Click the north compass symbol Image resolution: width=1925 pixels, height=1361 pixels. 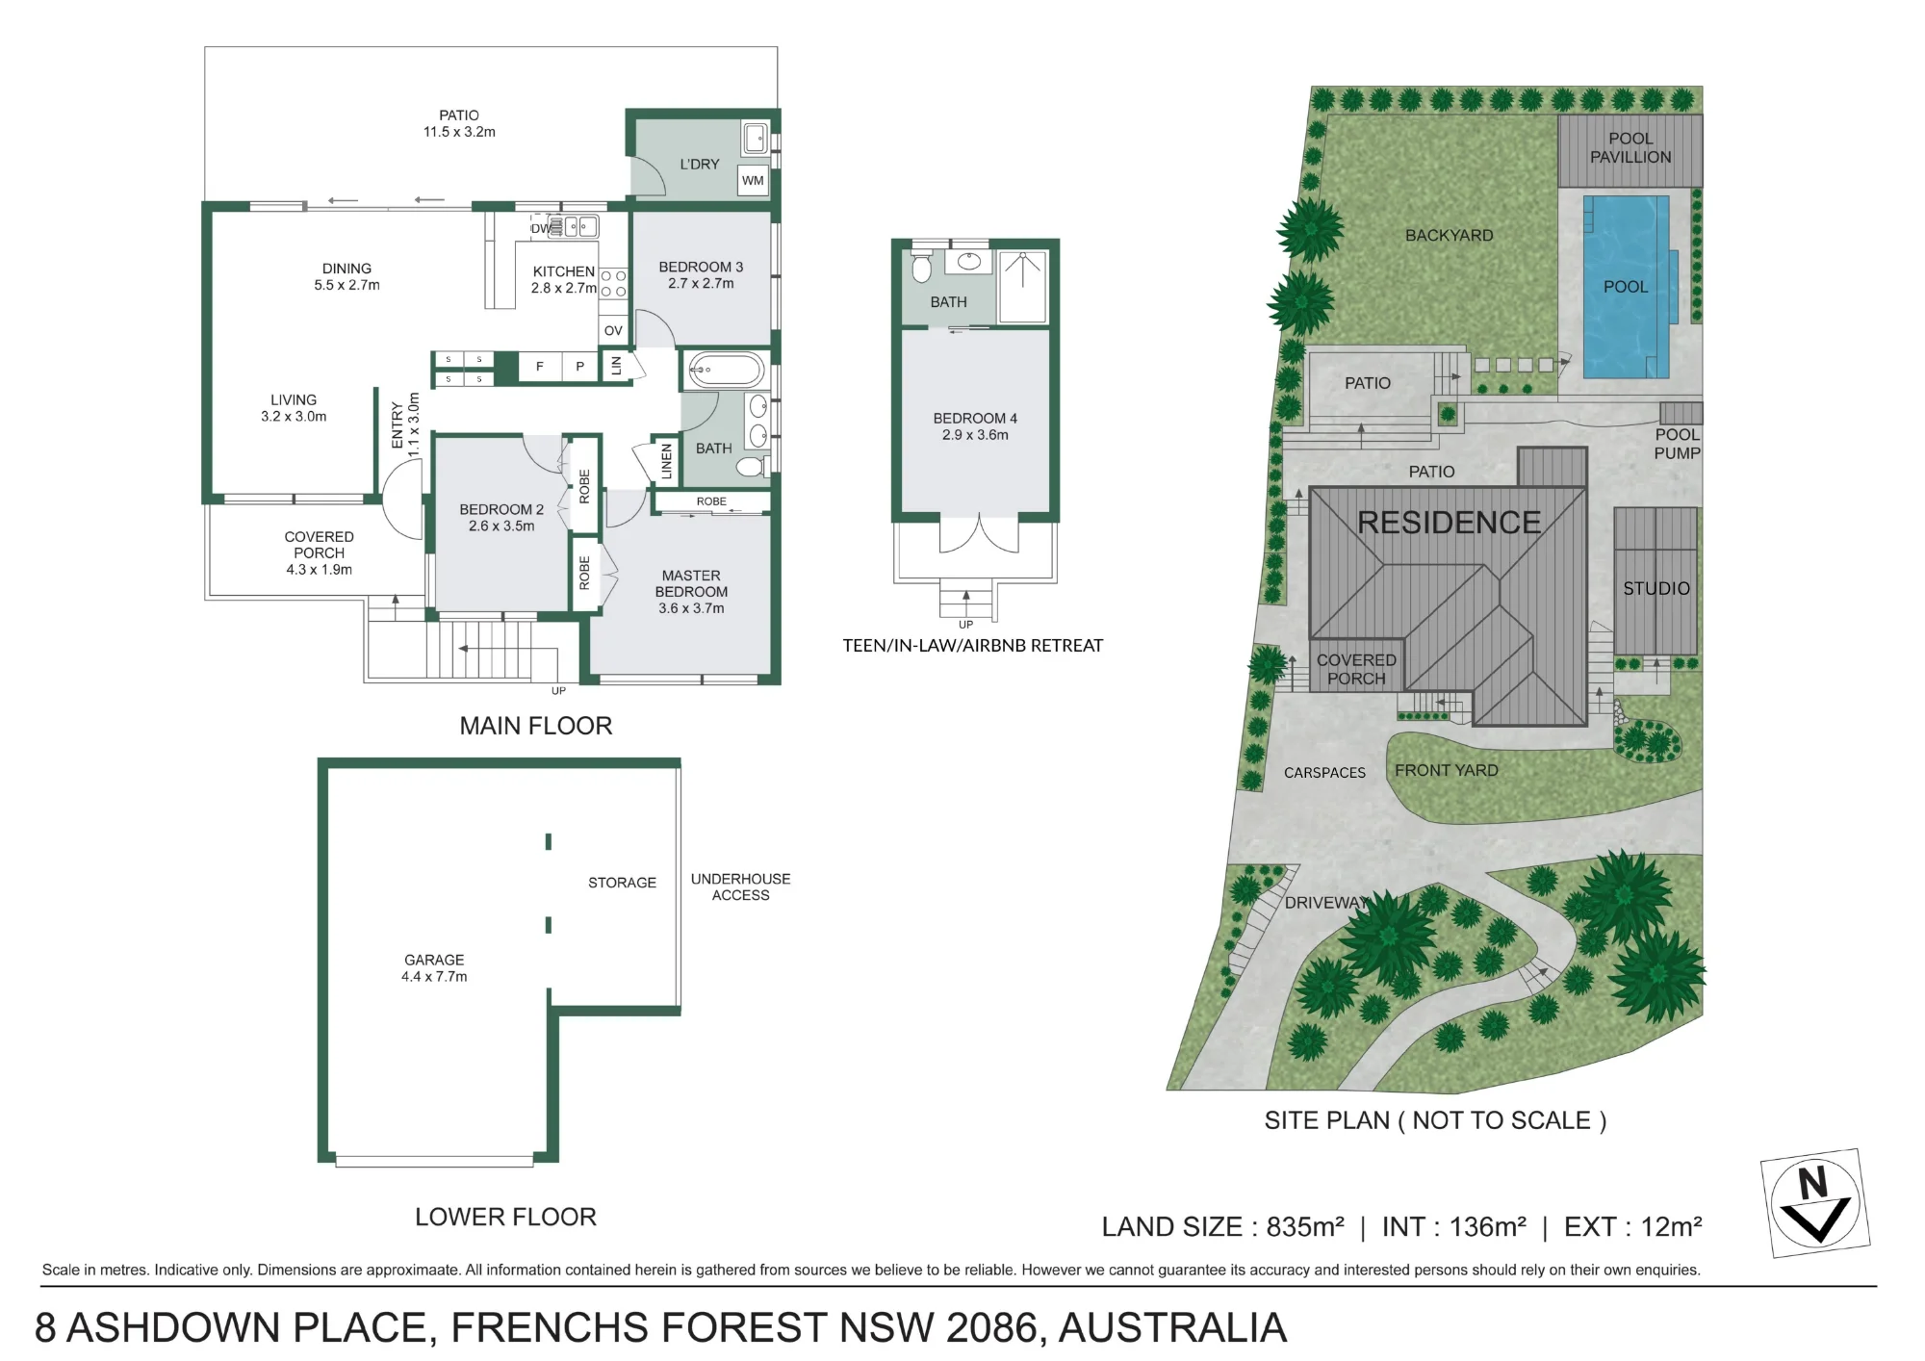point(1814,1203)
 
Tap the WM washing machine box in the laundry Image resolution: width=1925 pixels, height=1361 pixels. point(753,180)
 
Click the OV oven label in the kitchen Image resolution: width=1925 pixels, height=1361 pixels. point(613,330)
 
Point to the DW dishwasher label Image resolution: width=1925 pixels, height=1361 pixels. point(541,228)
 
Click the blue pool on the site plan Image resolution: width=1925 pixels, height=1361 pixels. point(1627,287)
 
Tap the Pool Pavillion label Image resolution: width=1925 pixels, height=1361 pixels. point(1630,148)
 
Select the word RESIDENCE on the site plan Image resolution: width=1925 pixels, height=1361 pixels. point(1449,523)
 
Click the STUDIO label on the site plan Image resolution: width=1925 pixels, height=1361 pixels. point(1656,588)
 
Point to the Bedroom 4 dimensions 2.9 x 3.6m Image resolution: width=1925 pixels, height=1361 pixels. point(975,435)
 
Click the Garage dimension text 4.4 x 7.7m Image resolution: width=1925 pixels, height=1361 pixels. point(434,977)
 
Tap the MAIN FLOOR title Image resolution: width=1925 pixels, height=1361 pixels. point(536,726)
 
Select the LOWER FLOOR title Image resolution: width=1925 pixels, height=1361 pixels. point(505,1217)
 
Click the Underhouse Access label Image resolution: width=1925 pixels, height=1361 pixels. point(740,886)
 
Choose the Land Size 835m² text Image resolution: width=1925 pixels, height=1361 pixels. point(1223,1227)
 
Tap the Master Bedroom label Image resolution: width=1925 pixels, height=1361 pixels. point(691,583)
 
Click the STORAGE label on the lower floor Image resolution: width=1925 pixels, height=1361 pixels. point(622,883)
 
